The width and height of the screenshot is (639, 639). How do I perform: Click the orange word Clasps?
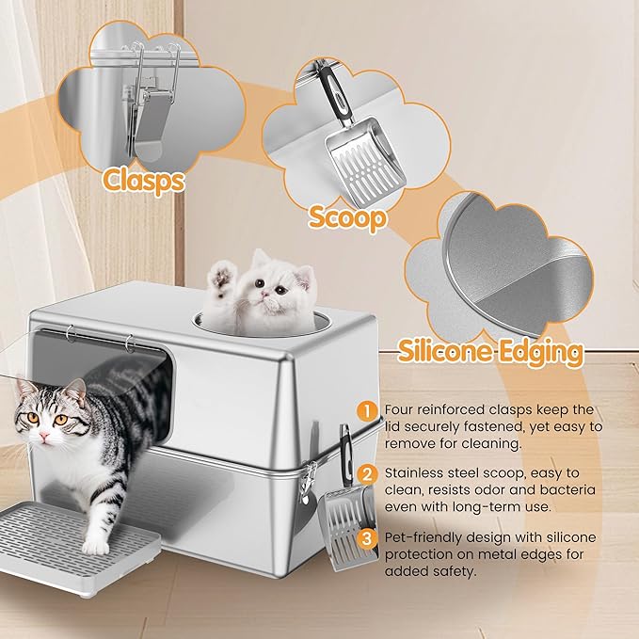coord(143,179)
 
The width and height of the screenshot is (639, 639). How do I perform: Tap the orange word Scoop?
coord(347,218)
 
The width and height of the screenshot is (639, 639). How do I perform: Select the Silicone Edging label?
coord(490,351)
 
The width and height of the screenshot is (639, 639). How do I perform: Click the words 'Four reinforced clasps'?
coord(452,410)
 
